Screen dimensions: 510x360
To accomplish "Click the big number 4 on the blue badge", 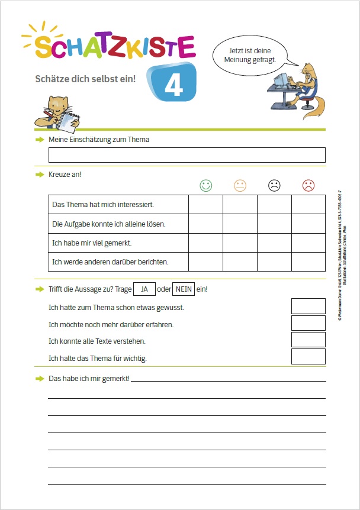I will (173, 85).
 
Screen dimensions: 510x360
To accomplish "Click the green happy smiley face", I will (205, 186).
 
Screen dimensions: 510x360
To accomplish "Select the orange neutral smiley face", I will (240, 186).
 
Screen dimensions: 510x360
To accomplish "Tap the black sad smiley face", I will (274, 186).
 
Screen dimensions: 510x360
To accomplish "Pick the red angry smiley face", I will (308, 186).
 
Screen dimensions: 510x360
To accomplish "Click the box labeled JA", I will (144, 289).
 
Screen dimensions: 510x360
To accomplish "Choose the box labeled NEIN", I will (184, 289).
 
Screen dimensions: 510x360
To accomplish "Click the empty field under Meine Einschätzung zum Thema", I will (187, 155).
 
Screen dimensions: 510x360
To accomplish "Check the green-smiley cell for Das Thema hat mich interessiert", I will (205, 205).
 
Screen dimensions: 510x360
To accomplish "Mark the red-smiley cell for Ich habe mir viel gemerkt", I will (308, 243).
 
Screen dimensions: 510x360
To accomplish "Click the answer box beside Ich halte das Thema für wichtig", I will (308, 357).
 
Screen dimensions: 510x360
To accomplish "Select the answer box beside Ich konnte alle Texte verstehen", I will (308, 340).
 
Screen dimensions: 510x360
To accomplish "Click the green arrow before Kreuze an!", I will (40, 175).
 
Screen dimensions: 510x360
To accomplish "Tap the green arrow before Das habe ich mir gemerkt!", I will (40, 378).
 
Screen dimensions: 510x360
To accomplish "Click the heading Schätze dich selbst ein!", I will (85, 78).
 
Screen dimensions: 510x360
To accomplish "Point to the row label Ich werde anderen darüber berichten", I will (111, 262).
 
